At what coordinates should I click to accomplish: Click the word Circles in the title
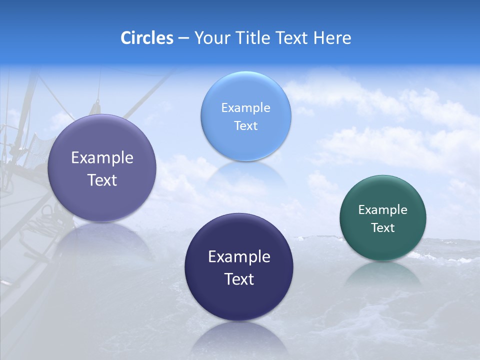pos(147,38)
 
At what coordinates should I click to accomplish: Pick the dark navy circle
pos(239,300)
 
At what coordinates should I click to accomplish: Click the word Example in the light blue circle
pos(245,108)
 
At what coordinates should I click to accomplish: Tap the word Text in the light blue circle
pos(245,126)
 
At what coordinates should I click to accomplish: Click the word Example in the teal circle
pos(383,210)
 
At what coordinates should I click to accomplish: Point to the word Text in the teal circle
pos(383,228)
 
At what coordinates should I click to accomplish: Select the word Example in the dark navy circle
pos(239,257)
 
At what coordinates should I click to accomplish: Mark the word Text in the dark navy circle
pos(239,279)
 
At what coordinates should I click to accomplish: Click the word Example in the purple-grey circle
pos(102,158)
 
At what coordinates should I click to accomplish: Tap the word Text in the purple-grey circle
pos(102,180)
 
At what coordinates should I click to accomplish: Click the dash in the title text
pos(183,38)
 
